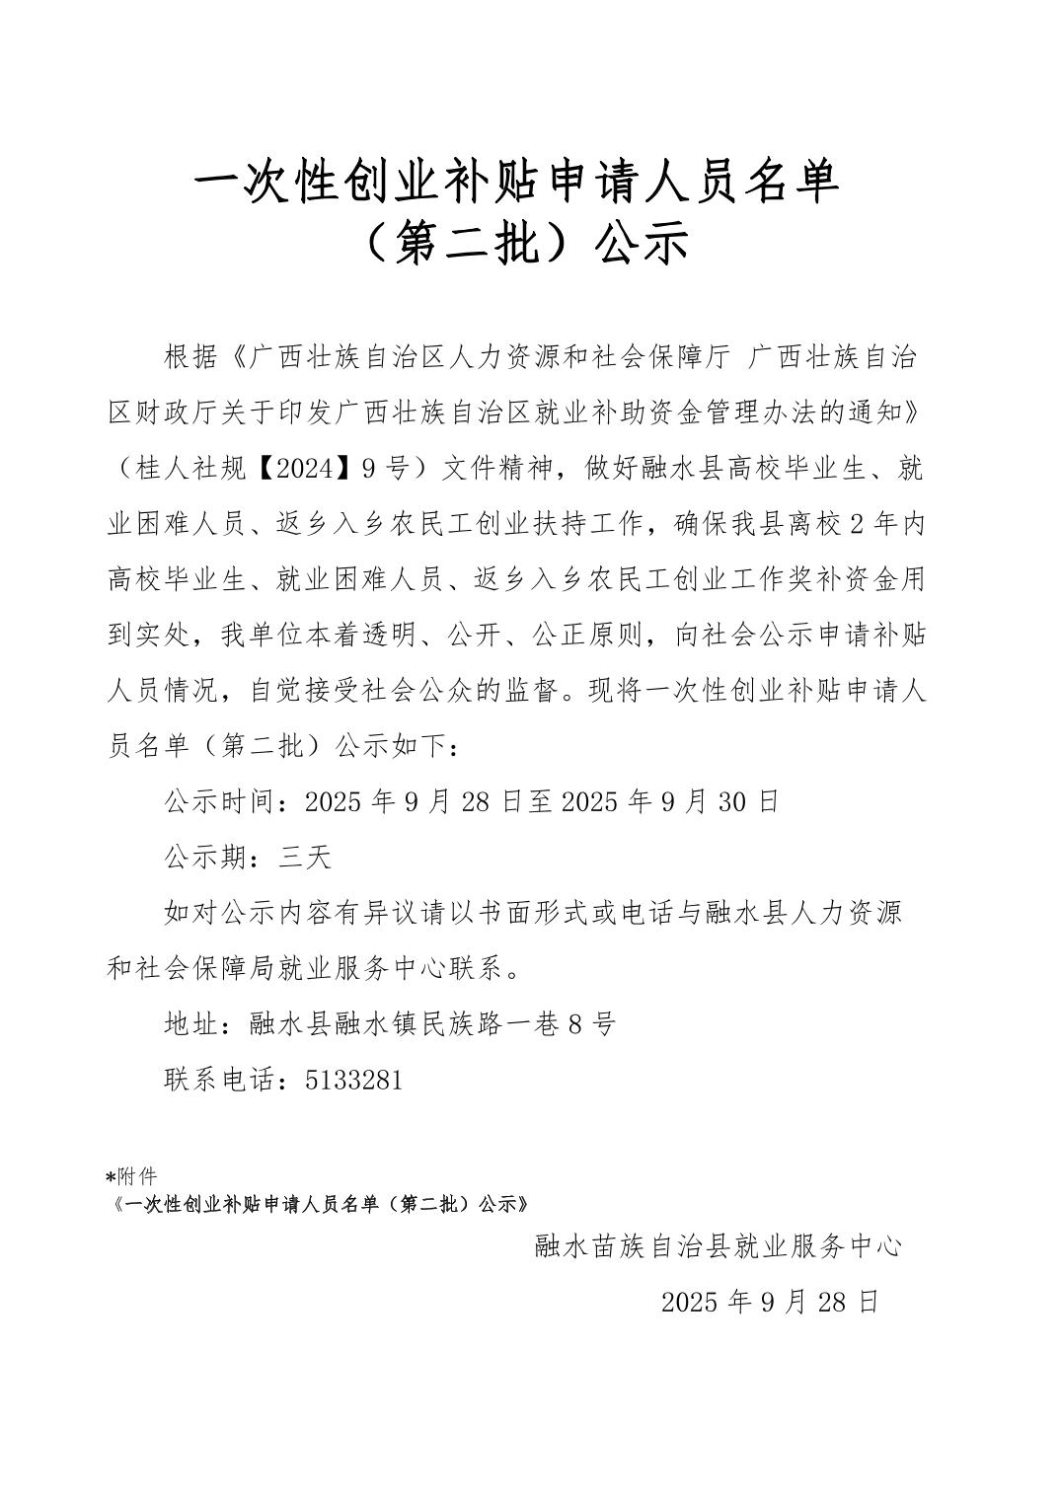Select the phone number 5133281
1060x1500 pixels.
[x=354, y=1081]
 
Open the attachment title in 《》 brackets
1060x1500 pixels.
[x=322, y=1205]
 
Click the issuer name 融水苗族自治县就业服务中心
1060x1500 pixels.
[x=718, y=1246]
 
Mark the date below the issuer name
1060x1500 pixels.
[x=769, y=1302]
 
